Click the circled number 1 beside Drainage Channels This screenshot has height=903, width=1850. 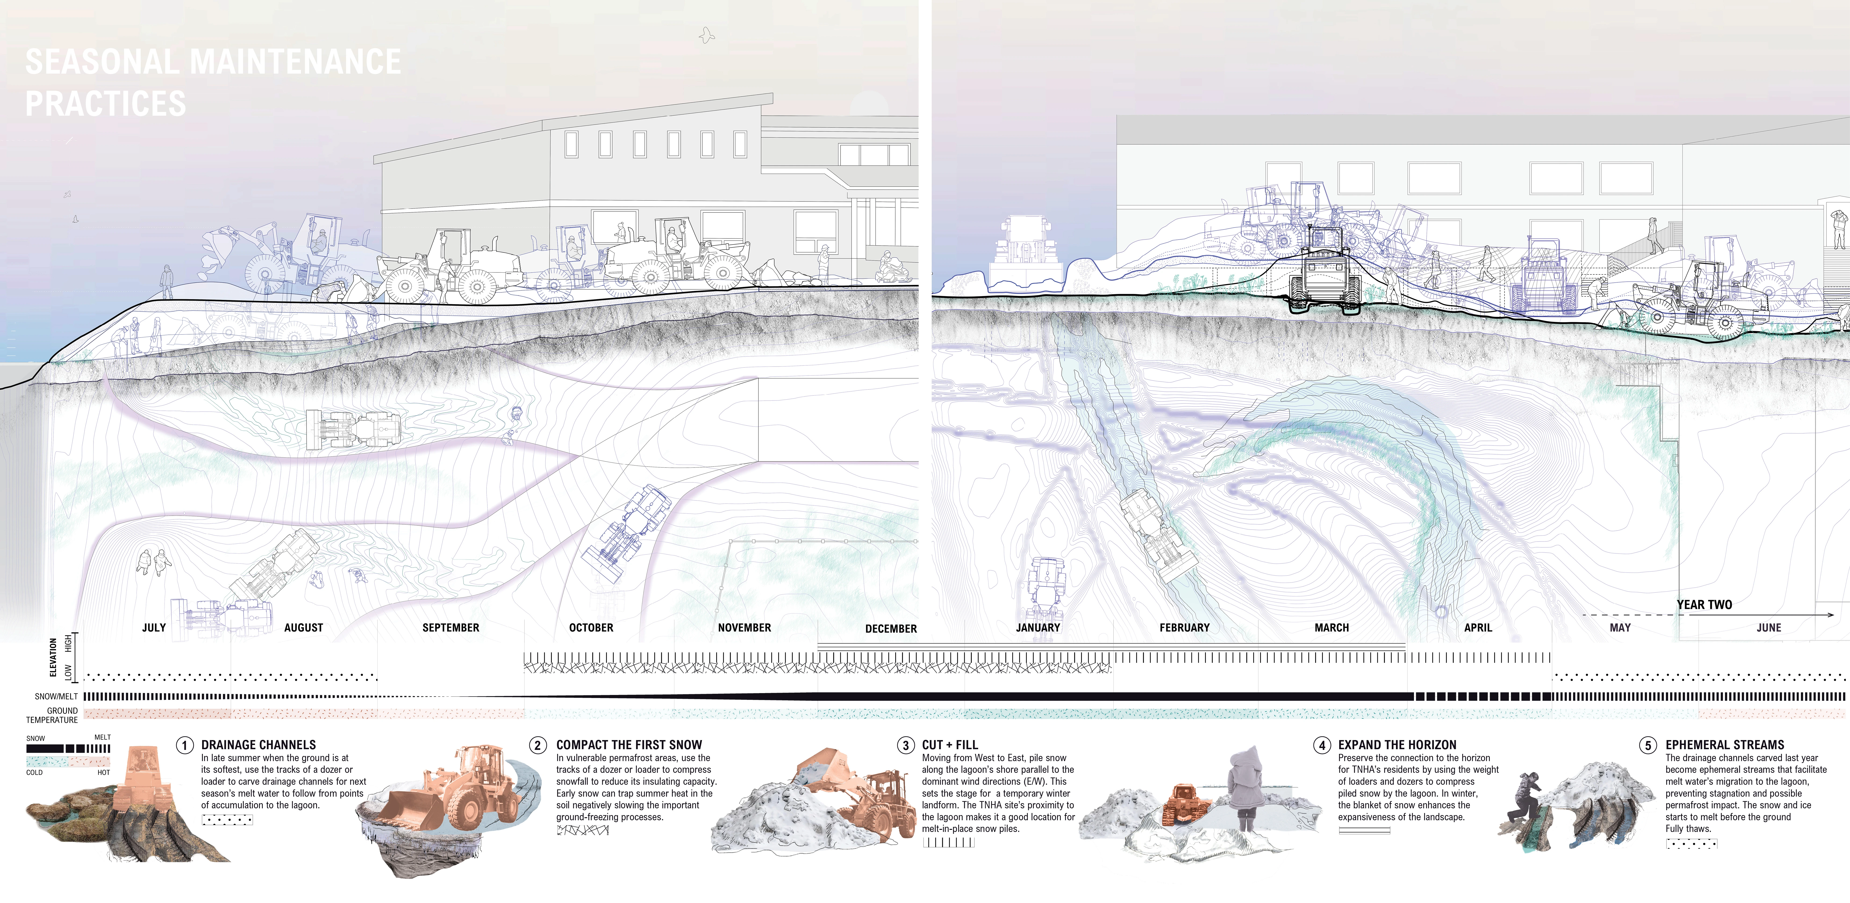185,745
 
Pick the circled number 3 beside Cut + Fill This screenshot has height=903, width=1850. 906,745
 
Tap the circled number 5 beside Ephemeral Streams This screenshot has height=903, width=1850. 1649,745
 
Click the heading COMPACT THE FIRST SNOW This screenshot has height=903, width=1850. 629,745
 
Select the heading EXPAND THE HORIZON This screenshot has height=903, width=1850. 1397,745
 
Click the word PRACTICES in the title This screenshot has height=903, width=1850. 106,104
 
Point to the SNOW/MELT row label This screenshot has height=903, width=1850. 56,696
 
